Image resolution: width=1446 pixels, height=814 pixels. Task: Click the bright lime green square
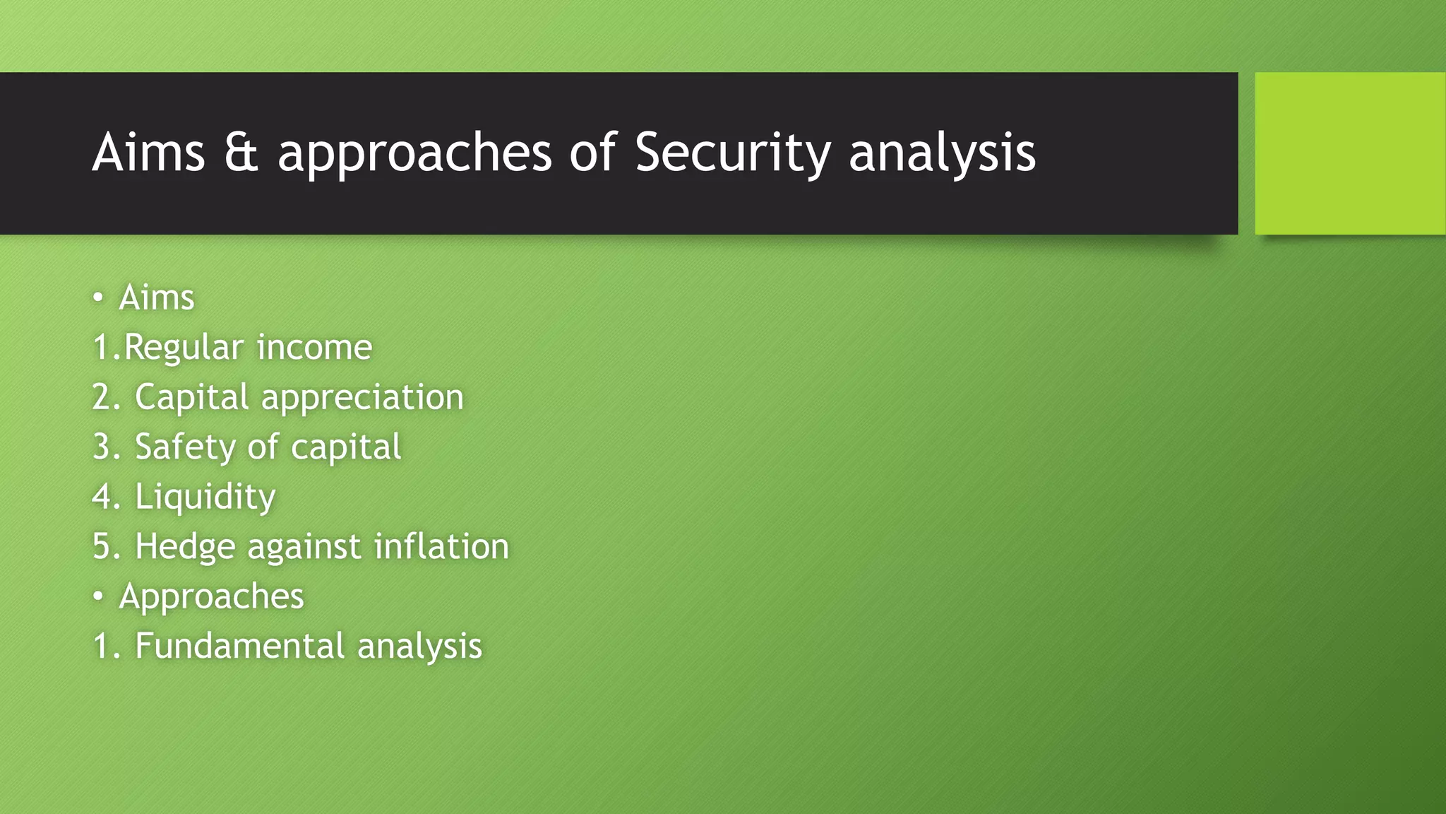[x=1349, y=153]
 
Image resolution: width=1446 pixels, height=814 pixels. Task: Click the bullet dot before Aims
[x=98, y=298]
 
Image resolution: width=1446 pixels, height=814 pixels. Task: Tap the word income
[x=314, y=348]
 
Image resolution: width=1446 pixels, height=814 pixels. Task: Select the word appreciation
[x=362, y=398]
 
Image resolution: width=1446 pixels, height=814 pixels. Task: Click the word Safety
[x=185, y=447]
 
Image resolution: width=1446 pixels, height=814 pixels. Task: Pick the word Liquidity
[x=205, y=497]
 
